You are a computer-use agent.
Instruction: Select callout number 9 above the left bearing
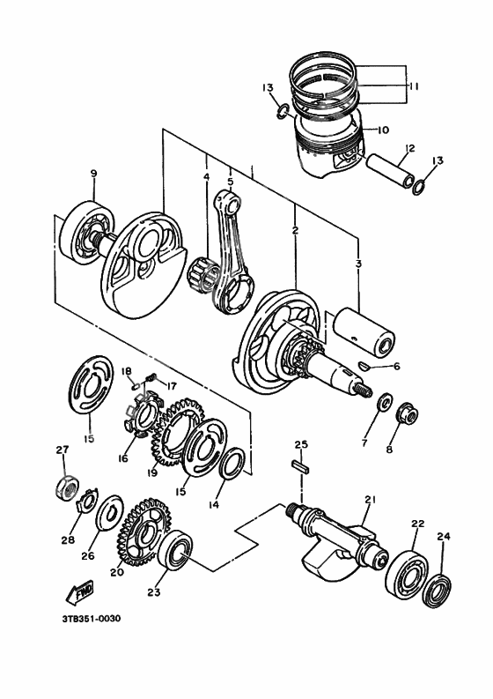click(x=92, y=175)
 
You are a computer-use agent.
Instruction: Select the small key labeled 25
click(x=299, y=467)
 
